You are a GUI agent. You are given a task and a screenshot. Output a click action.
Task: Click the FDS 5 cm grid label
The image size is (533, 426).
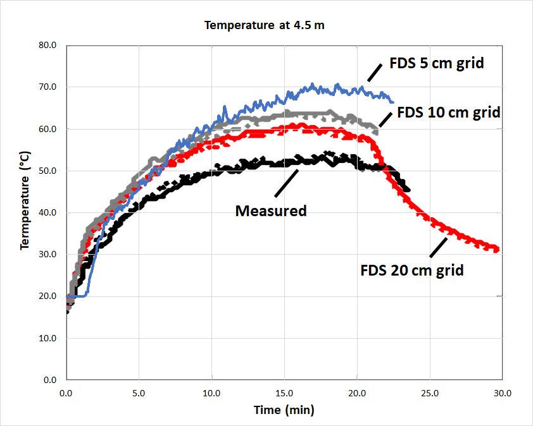[x=436, y=63]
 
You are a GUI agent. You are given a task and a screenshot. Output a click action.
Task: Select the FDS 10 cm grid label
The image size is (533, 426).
[x=448, y=113]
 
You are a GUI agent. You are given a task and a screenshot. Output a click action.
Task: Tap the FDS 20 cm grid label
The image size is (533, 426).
[x=412, y=270]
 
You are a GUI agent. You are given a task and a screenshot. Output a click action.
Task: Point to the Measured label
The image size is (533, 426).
[x=271, y=210]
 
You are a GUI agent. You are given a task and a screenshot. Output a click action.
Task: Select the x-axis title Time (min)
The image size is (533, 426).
[x=284, y=410]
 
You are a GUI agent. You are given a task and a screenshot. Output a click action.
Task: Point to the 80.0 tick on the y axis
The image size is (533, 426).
[x=49, y=46]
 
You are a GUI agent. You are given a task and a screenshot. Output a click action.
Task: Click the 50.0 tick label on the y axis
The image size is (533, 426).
[x=49, y=171]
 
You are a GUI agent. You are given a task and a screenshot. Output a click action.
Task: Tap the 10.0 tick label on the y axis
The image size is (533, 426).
[x=49, y=338]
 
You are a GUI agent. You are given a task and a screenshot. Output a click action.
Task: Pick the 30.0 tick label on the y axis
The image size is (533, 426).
[x=49, y=254]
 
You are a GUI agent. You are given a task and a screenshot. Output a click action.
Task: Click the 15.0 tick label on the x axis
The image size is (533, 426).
[x=284, y=393]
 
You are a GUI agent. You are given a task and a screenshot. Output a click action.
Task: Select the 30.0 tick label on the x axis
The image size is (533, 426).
[x=502, y=393]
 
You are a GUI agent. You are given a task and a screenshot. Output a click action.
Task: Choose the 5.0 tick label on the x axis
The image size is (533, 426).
[x=139, y=393]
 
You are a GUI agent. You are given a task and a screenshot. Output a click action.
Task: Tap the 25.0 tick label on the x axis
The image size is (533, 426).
[x=430, y=393]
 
